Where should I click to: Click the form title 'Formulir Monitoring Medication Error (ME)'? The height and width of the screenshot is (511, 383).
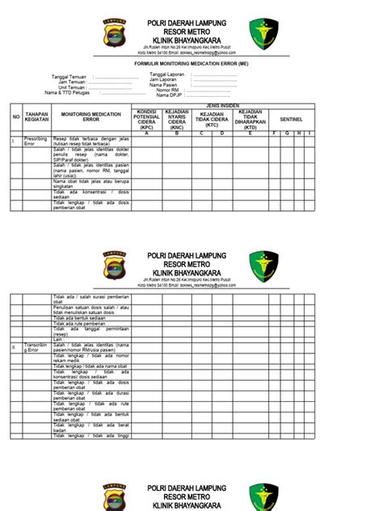tap(191, 62)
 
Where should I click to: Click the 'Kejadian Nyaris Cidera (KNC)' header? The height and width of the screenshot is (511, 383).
tap(177, 118)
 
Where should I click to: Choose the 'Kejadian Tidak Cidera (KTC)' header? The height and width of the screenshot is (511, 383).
tap(212, 118)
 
